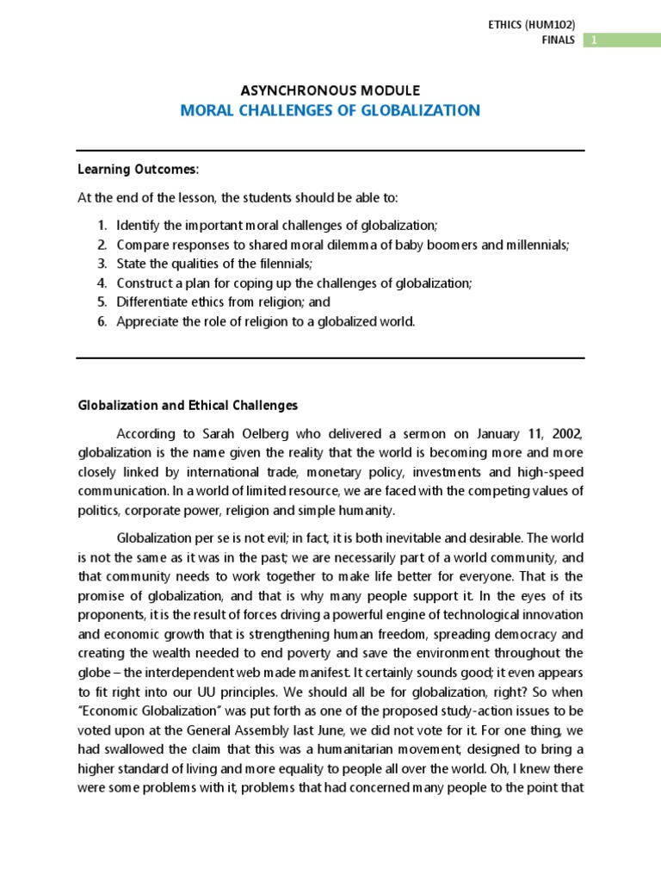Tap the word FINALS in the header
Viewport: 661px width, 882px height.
coord(559,40)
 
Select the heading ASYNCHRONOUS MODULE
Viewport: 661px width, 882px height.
coord(330,90)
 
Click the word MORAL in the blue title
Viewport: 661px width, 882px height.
coord(207,110)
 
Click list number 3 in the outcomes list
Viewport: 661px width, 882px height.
coord(102,263)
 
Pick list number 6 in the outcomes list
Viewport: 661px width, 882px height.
coord(102,322)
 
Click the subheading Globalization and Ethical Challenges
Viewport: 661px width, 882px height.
coord(188,405)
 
